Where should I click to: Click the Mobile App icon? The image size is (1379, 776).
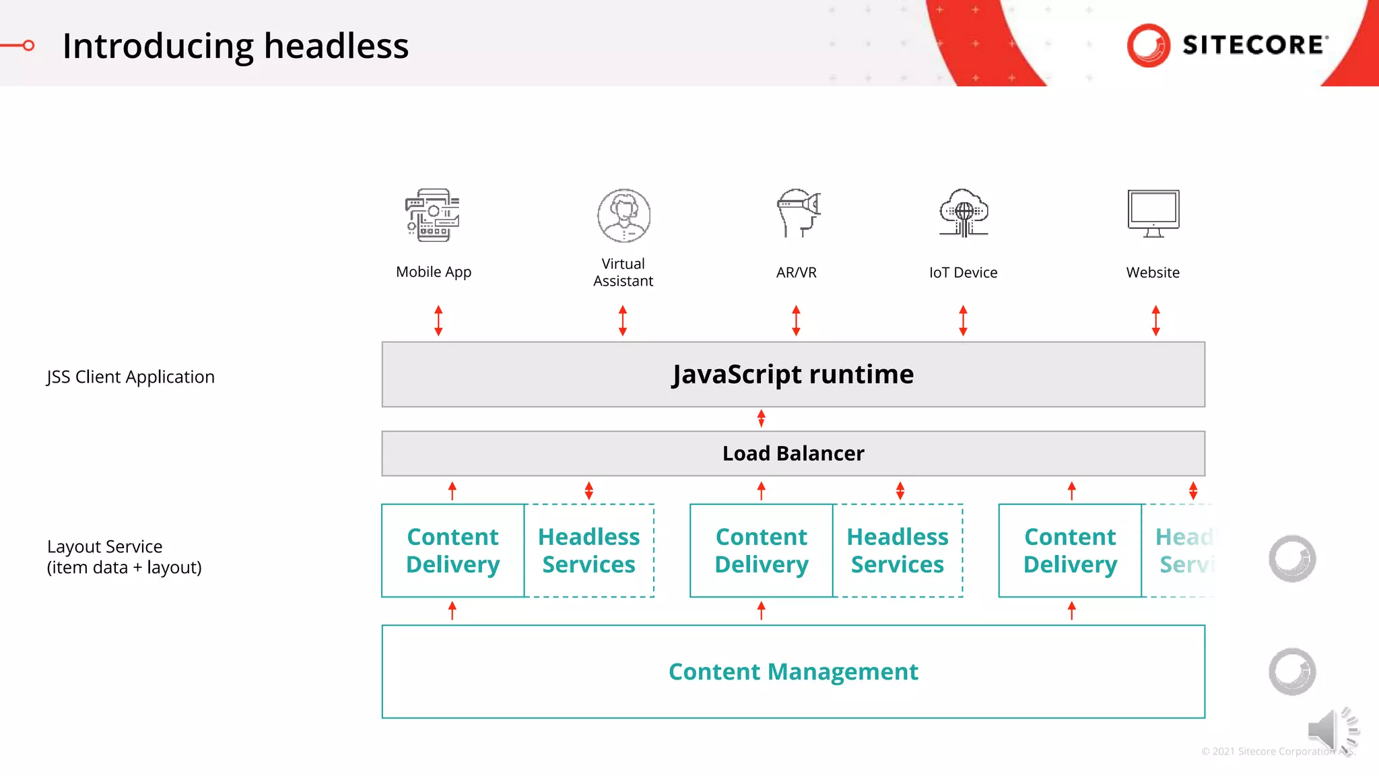433,216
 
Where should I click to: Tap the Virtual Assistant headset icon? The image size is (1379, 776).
624,216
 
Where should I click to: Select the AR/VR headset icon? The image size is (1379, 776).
798,213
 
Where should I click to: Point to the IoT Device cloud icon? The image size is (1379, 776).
964,213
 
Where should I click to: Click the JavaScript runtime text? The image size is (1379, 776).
793,375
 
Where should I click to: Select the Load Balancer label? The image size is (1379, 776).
793,453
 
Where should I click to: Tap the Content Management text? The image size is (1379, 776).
793,672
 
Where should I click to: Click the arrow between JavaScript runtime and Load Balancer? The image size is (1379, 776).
761,418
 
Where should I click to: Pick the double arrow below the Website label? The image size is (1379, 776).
1155,321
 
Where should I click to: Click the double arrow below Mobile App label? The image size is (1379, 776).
438,321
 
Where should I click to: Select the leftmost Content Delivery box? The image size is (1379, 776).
452,550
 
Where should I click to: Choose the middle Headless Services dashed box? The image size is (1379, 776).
897,550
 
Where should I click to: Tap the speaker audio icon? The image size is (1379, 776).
1330,730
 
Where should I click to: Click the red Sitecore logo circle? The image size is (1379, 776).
1148,45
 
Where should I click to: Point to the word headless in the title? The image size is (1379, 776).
336,46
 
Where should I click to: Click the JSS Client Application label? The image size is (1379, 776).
131,377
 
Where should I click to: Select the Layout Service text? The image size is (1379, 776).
105,546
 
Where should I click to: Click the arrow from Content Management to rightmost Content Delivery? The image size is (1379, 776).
1071,611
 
